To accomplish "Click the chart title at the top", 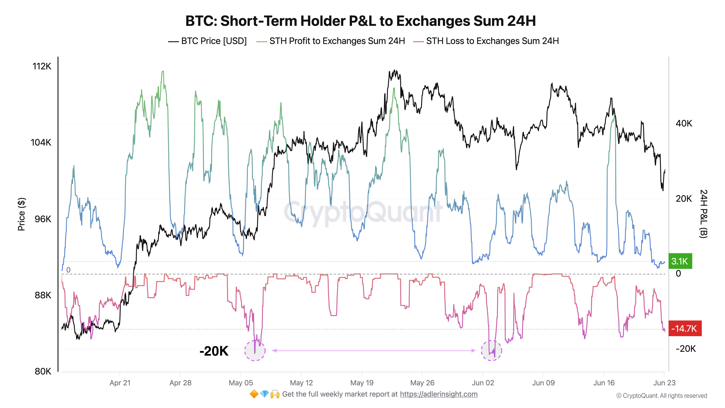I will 360,21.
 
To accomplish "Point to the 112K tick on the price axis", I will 42,66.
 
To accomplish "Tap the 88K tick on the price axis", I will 43,295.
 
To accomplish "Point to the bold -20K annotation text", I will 214,351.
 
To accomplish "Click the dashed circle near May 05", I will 255,351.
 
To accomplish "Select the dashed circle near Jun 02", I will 491,351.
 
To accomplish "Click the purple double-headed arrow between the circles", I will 374,351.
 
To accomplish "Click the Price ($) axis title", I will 21,214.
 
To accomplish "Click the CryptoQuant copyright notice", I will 661,396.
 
